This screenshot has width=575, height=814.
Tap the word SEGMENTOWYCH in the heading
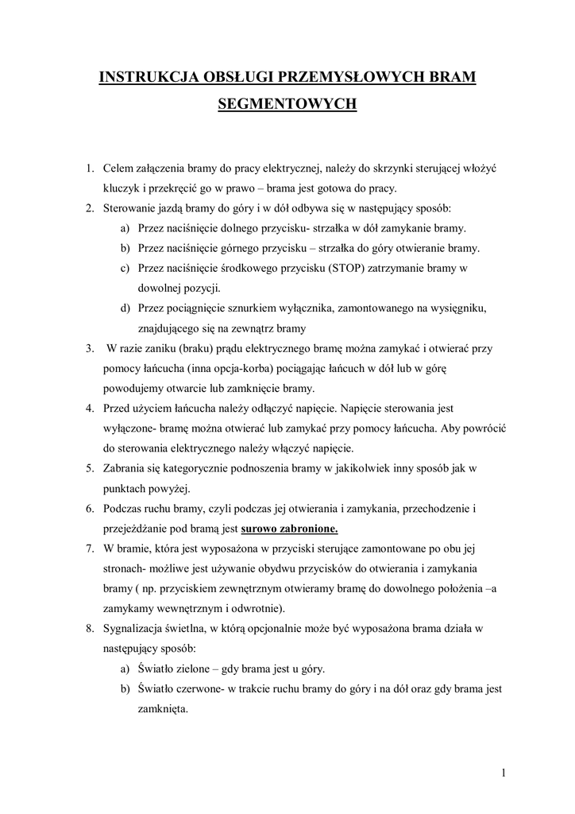click(x=287, y=104)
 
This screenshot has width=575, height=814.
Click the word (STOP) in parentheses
click(x=344, y=268)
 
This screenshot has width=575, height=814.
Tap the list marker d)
click(x=125, y=308)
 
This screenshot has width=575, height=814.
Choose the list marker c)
click(x=125, y=268)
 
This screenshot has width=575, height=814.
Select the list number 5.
click(x=90, y=468)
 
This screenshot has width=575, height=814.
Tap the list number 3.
click(x=90, y=348)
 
